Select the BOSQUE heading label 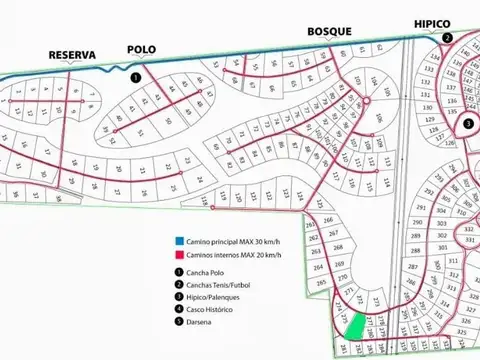[330, 31]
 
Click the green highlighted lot [354, 324]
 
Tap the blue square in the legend [176, 241]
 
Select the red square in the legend [176, 255]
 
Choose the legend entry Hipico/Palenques [214, 298]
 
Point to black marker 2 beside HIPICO [448, 38]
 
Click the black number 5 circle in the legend [177, 324]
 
